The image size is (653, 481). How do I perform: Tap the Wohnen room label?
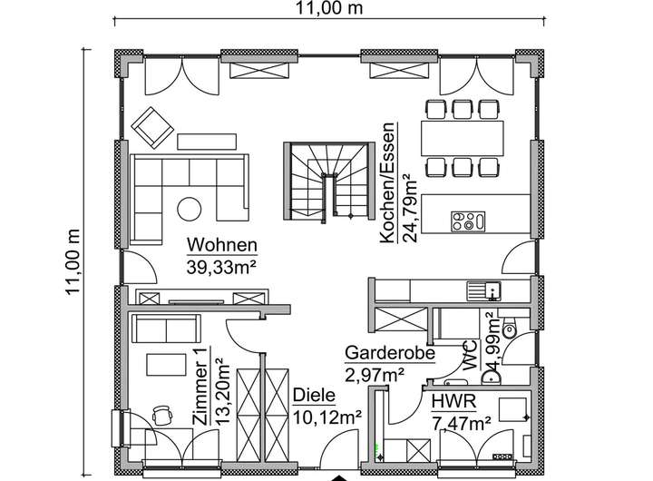click(x=222, y=245)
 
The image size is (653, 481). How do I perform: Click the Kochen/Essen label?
click(x=387, y=182)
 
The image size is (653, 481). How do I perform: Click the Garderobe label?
click(x=389, y=353)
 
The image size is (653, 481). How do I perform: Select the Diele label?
click(x=315, y=396)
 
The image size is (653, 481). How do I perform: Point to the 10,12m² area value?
click(x=327, y=417)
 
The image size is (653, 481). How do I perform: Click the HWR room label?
click(x=451, y=401)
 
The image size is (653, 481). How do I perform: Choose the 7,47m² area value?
click(x=461, y=421)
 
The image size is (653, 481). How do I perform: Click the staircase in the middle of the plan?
click(x=329, y=180)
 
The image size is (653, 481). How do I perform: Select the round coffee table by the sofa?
click(x=190, y=209)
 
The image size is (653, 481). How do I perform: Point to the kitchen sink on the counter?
click(x=484, y=290)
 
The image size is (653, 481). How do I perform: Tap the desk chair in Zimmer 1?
click(x=162, y=414)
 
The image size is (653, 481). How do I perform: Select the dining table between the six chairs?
click(x=462, y=137)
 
